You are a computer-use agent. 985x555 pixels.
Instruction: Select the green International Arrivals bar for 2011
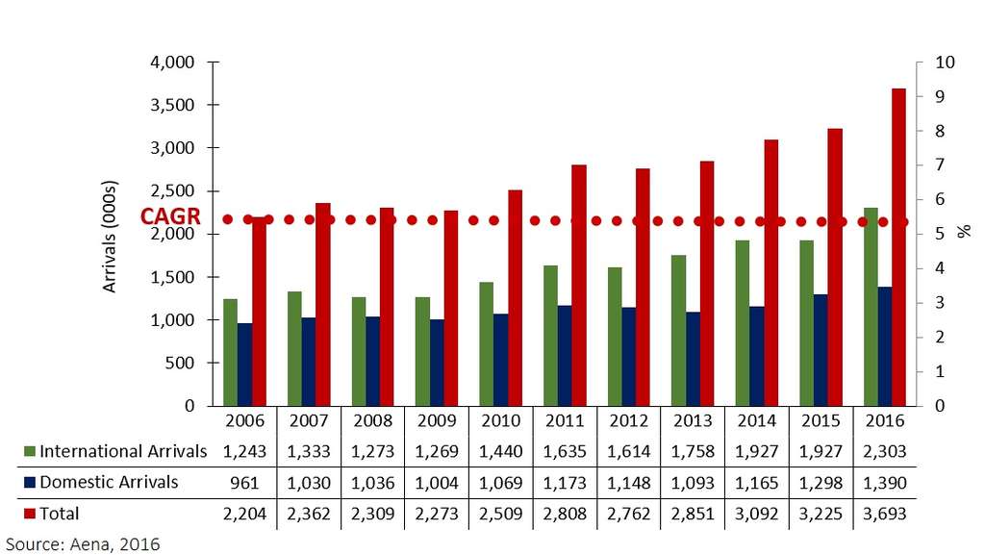[550, 336]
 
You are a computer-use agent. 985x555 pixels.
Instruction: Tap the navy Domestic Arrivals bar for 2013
[693, 359]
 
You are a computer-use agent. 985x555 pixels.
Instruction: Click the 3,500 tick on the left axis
[176, 105]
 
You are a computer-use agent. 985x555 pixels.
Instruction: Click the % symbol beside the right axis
[962, 233]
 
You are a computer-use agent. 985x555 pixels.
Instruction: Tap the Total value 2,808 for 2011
[564, 514]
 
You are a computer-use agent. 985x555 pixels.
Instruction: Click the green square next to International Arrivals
[30, 451]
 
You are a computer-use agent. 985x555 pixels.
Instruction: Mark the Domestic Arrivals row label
[109, 482]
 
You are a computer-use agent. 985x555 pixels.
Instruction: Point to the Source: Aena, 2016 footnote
[81, 542]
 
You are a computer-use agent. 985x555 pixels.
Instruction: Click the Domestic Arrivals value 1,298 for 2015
[821, 482]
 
